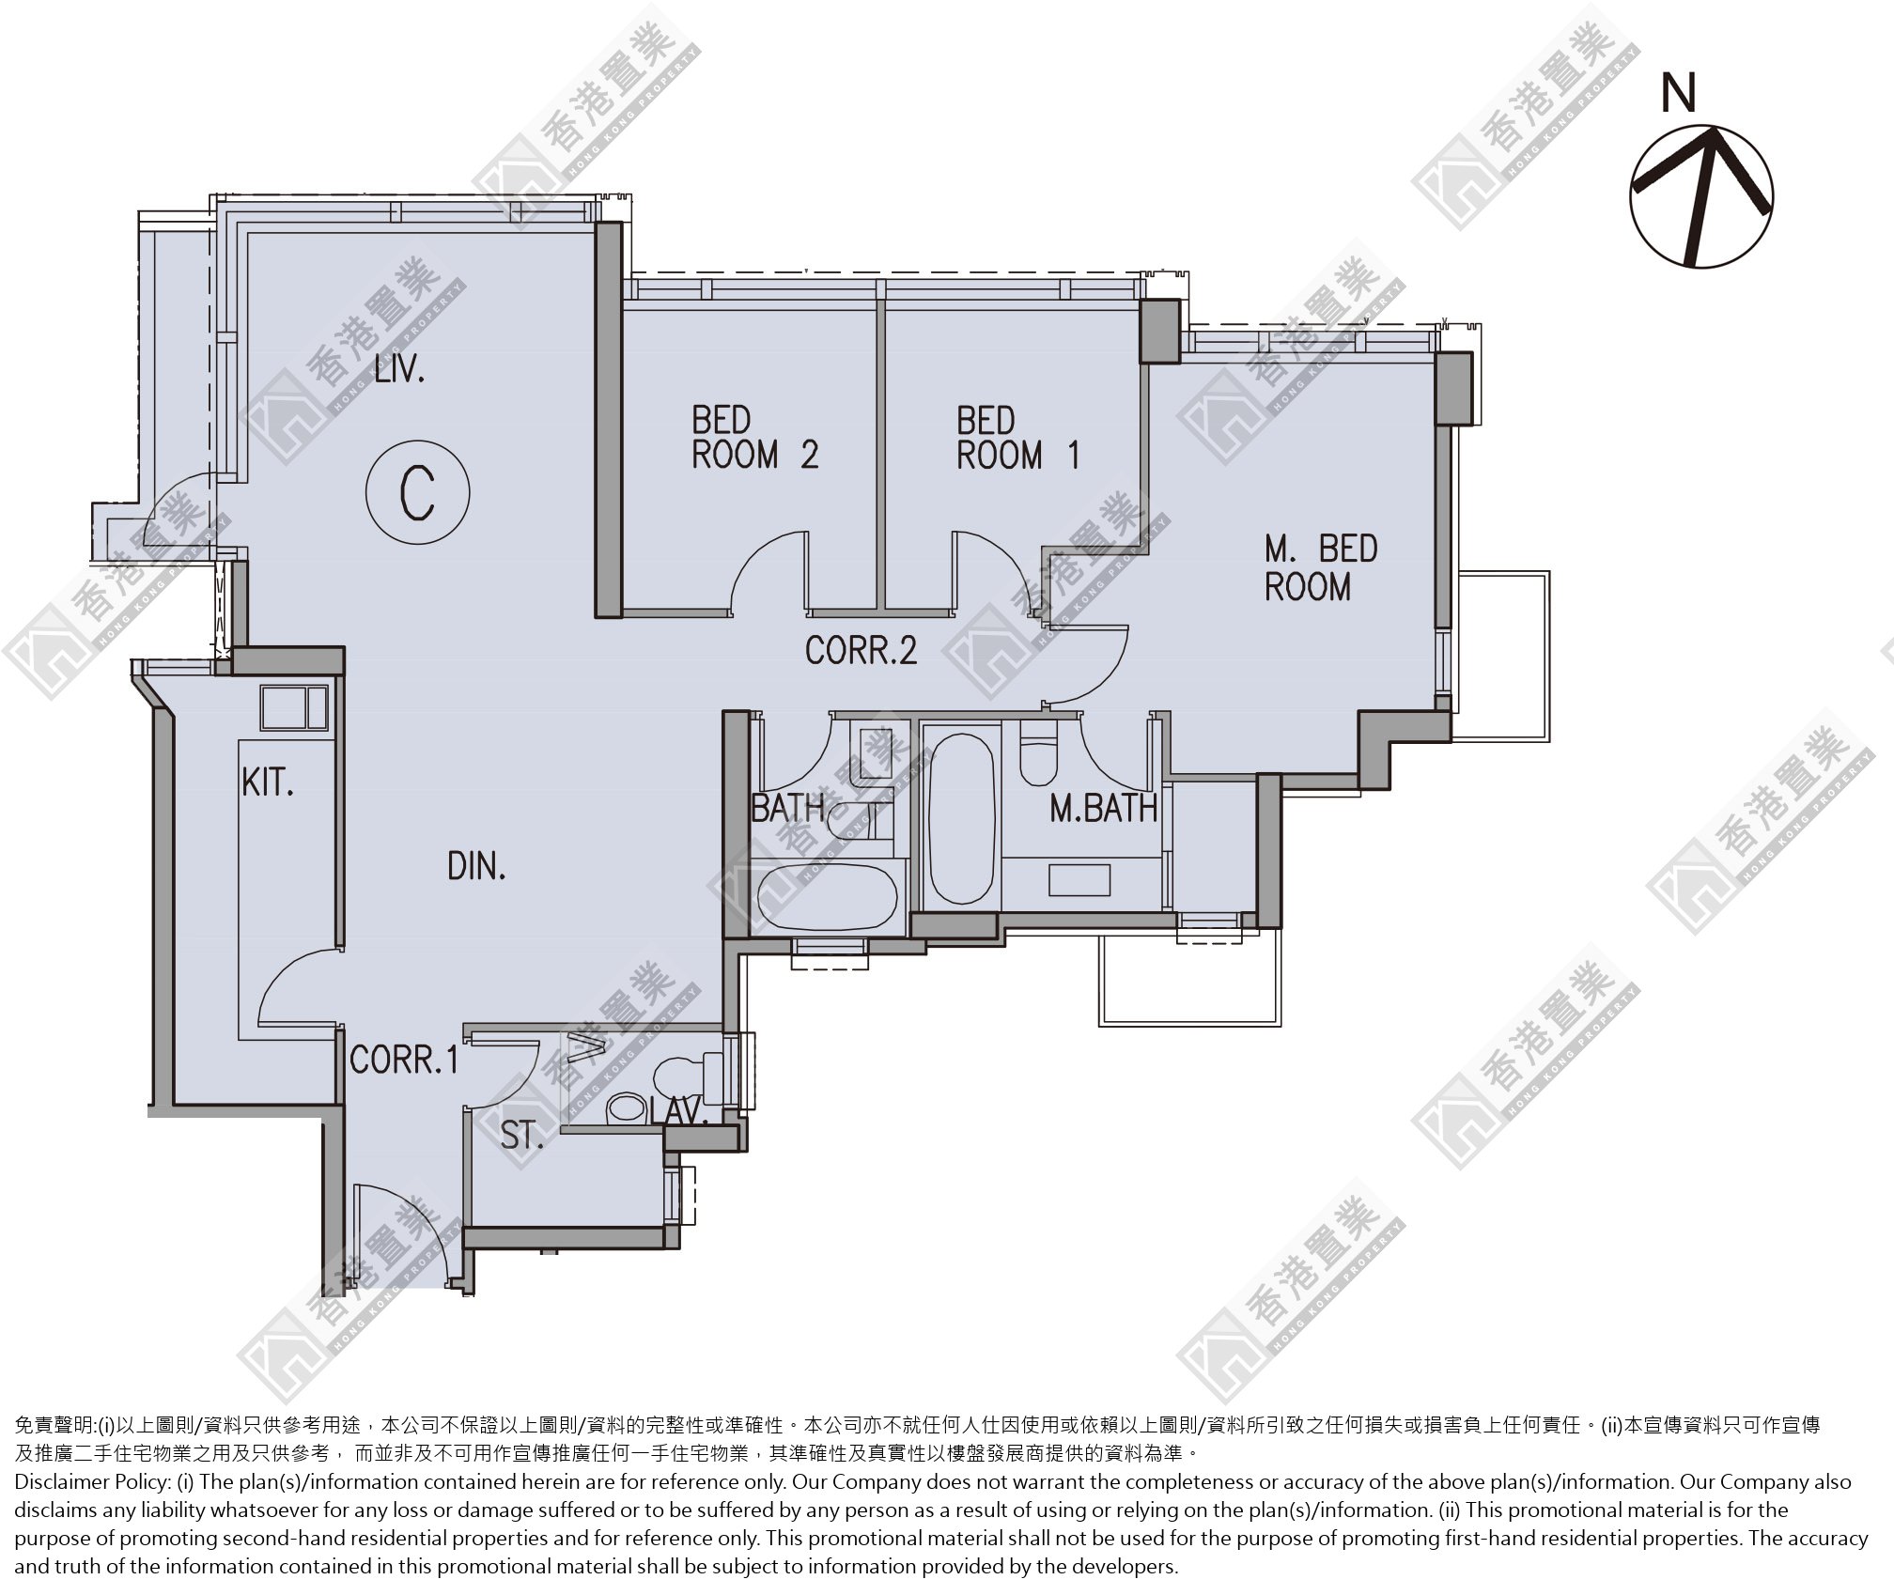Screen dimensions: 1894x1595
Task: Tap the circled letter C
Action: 417,490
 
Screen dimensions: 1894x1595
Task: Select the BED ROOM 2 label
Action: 754,437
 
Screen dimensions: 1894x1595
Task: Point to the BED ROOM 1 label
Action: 1017,437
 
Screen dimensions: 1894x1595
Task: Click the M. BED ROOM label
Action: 1320,567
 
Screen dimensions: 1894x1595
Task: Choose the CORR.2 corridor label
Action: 861,650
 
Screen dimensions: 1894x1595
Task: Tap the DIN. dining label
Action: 476,865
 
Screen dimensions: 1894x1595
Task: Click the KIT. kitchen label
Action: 268,782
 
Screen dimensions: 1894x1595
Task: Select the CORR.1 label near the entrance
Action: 404,1060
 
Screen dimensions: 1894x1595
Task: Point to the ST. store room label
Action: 521,1136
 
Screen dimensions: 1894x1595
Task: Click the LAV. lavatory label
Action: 678,1112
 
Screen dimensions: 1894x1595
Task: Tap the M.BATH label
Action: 1103,808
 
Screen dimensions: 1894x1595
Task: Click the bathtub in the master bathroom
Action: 960,818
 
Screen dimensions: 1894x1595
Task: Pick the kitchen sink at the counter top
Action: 294,707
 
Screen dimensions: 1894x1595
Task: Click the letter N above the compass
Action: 1679,94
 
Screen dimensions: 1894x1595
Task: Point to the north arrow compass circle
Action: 1701,197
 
